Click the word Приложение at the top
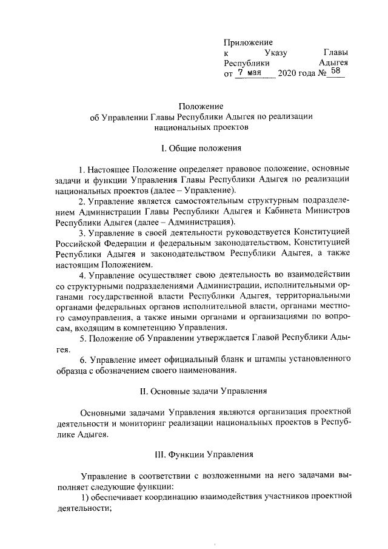coord(249,42)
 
